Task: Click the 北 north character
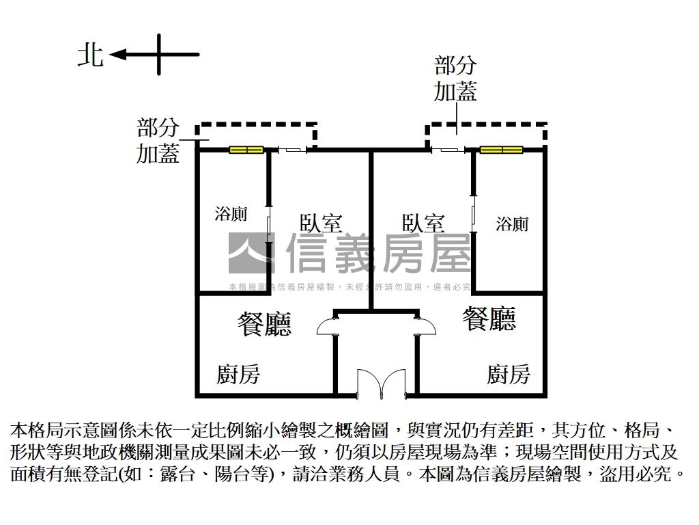[x=91, y=55]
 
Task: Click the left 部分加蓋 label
[x=158, y=141]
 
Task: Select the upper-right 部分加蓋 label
[x=455, y=79]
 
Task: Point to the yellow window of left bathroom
[x=246, y=150]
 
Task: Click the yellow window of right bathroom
[x=501, y=150]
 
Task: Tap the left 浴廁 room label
[x=231, y=214]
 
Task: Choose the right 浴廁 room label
[x=512, y=224]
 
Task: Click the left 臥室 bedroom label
[x=321, y=224]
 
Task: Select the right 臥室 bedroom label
[x=423, y=224]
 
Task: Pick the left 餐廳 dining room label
[x=264, y=325]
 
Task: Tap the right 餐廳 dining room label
[x=489, y=319]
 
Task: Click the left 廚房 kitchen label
[x=238, y=374]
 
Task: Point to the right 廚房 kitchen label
[x=508, y=374]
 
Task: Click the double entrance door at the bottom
[x=381, y=383]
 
